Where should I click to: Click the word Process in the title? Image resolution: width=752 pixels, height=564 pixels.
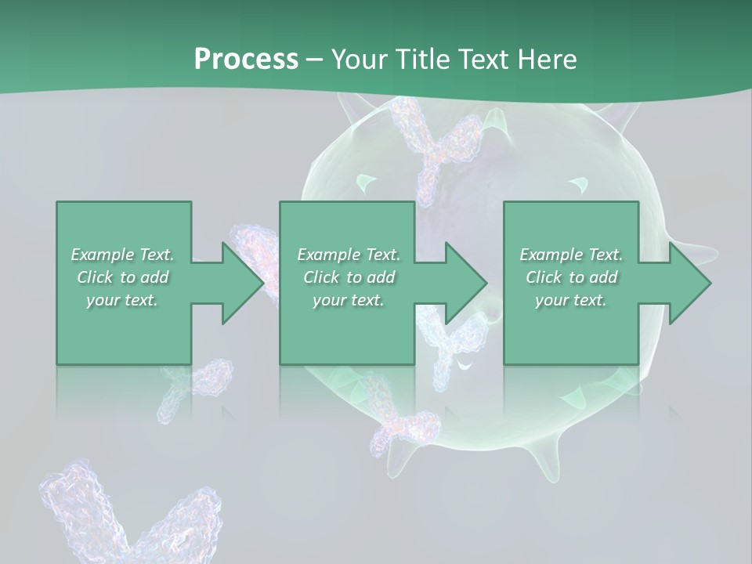[246, 59]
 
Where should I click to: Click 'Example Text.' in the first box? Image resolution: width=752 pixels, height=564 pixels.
[122, 255]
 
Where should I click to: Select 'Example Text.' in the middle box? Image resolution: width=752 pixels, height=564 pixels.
[348, 255]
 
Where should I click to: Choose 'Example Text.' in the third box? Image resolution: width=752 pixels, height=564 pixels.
[571, 255]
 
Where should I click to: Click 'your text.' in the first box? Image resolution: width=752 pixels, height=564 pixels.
[122, 300]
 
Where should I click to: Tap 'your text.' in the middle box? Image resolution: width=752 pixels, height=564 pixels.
[348, 300]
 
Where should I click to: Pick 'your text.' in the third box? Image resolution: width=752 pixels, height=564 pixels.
[571, 300]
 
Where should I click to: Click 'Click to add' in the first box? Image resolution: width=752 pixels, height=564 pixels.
[122, 277]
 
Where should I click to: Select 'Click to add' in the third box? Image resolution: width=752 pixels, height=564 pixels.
[571, 277]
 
